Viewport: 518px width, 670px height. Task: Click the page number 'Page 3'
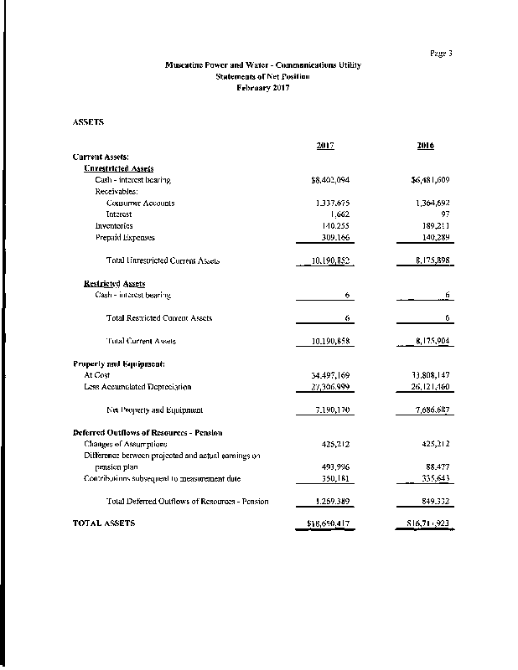click(441, 54)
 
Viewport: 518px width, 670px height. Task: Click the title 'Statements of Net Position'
click(262, 76)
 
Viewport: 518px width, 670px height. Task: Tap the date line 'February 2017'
click(262, 88)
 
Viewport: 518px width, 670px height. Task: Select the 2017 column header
click(326, 146)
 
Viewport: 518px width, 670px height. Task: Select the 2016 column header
click(425, 146)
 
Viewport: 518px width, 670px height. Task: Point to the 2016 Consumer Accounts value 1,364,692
click(433, 204)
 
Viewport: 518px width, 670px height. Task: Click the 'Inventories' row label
click(113, 226)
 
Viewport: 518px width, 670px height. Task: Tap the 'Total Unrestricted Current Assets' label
click(163, 260)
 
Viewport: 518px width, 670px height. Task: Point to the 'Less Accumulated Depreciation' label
click(137, 387)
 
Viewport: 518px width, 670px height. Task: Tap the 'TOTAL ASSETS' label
click(104, 523)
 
